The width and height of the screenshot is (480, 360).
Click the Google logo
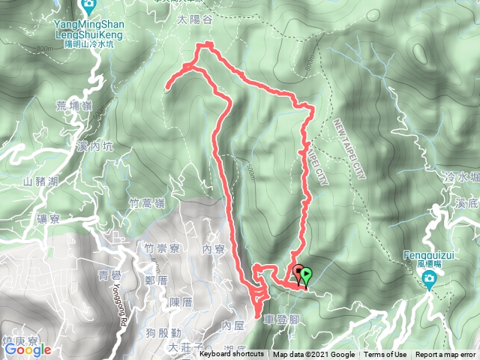click(x=27, y=349)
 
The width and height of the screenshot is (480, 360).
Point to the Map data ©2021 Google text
click(x=314, y=355)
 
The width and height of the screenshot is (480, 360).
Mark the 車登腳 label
click(x=282, y=319)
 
